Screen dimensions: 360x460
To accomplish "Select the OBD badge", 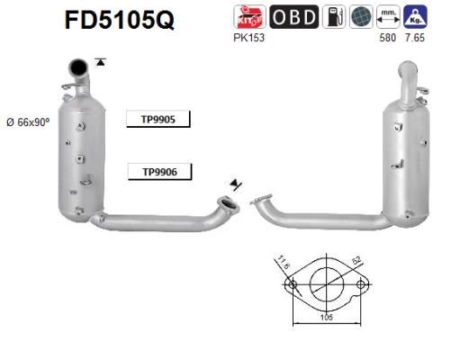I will point(293,16).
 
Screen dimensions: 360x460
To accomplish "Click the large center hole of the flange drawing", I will point(325,284).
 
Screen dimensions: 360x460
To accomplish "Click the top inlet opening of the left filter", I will point(80,64).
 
